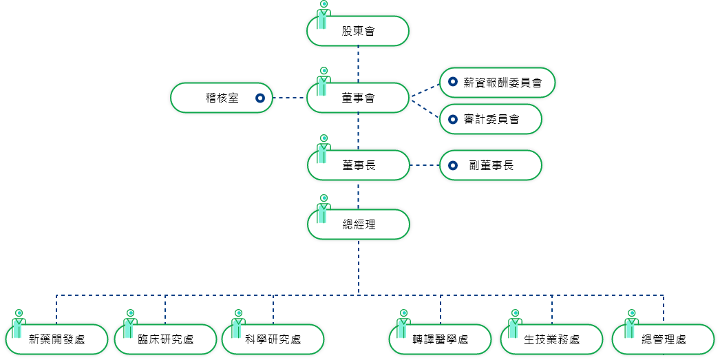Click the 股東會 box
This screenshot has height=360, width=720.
click(358, 31)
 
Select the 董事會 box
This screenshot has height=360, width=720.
click(358, 98)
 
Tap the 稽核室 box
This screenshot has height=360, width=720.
click(222, 98)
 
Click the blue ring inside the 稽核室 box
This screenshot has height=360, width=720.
click(260, 98)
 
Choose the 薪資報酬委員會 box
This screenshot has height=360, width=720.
click(498, 83)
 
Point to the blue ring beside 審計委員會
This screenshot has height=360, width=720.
click(452, 120)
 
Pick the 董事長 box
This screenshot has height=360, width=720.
click(358, 165)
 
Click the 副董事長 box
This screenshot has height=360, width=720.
click(491, 165)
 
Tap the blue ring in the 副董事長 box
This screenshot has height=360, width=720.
click(452, 165)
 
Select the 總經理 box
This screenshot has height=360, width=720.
click(358, 225)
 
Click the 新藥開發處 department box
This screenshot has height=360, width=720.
click(57, 339)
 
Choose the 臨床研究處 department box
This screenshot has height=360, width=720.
click(165, 339)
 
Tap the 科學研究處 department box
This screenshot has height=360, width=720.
click(273, 339)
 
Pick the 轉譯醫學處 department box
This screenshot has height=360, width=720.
click(441, 339)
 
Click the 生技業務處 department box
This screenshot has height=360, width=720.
click(552, 339)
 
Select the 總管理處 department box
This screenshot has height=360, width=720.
click(664, 339)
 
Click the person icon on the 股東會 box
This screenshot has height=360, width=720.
click(323, 15)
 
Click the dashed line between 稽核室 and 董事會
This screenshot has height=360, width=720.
click(289, 98)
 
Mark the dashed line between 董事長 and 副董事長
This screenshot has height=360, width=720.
click(425, 165)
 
